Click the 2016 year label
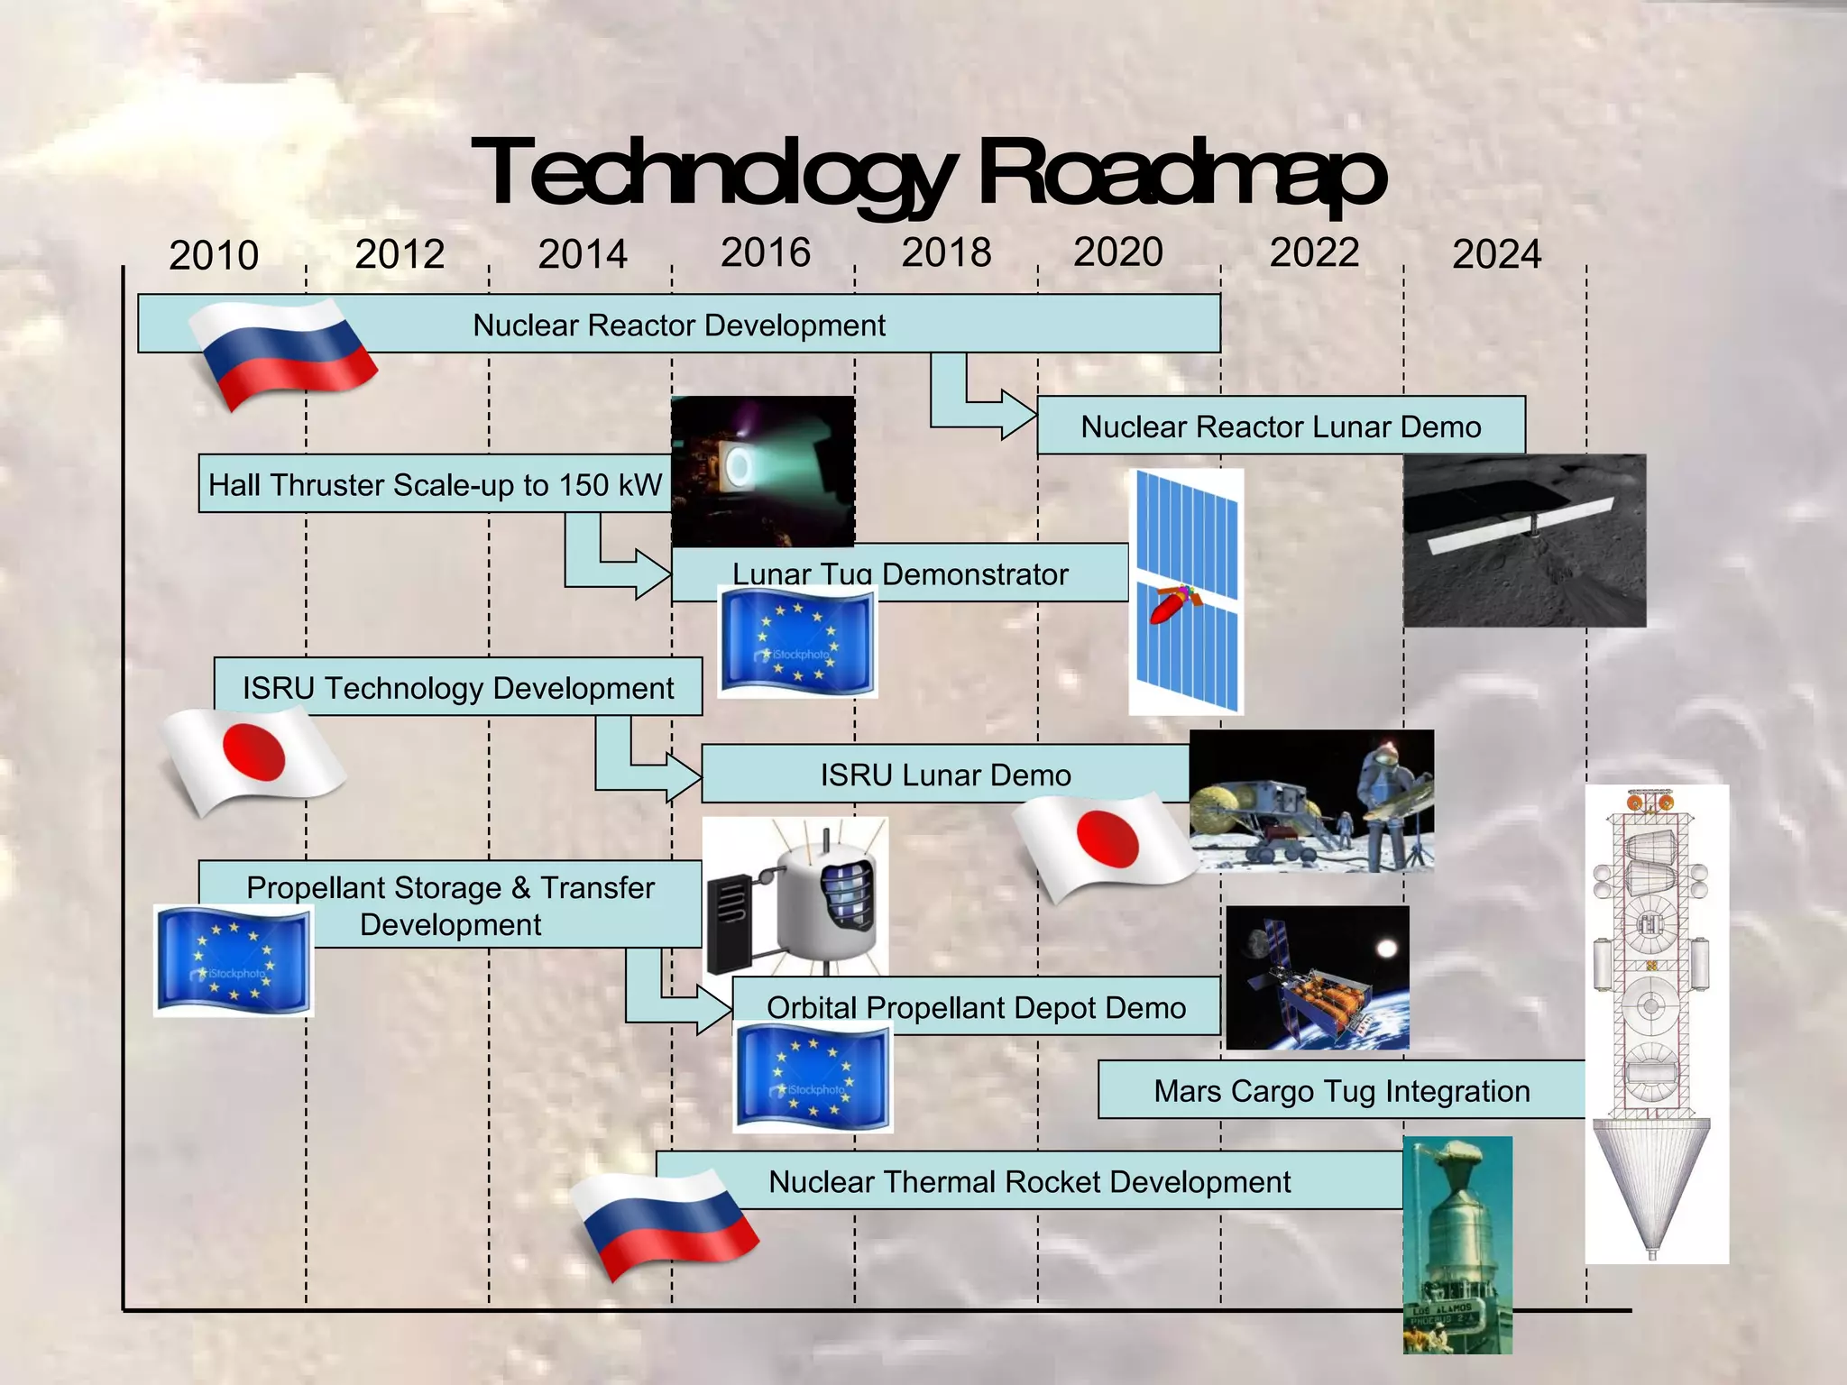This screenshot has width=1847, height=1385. [766, 252]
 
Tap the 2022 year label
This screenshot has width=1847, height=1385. [1314, 252]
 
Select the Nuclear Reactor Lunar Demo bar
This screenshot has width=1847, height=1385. [1281, 426]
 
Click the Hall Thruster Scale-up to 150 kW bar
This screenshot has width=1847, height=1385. [435, 484]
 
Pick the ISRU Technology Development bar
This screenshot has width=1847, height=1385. [457, 687]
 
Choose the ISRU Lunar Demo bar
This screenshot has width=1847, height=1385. [945, 775]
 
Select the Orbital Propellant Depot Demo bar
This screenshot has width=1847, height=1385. [976, 1006]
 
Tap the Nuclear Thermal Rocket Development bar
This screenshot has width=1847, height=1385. [1029, 1181]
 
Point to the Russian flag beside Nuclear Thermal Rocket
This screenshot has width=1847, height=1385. [666, 1223]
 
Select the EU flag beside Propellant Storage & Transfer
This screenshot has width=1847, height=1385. [233, 961]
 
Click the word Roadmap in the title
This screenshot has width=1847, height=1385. [1181, 173]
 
